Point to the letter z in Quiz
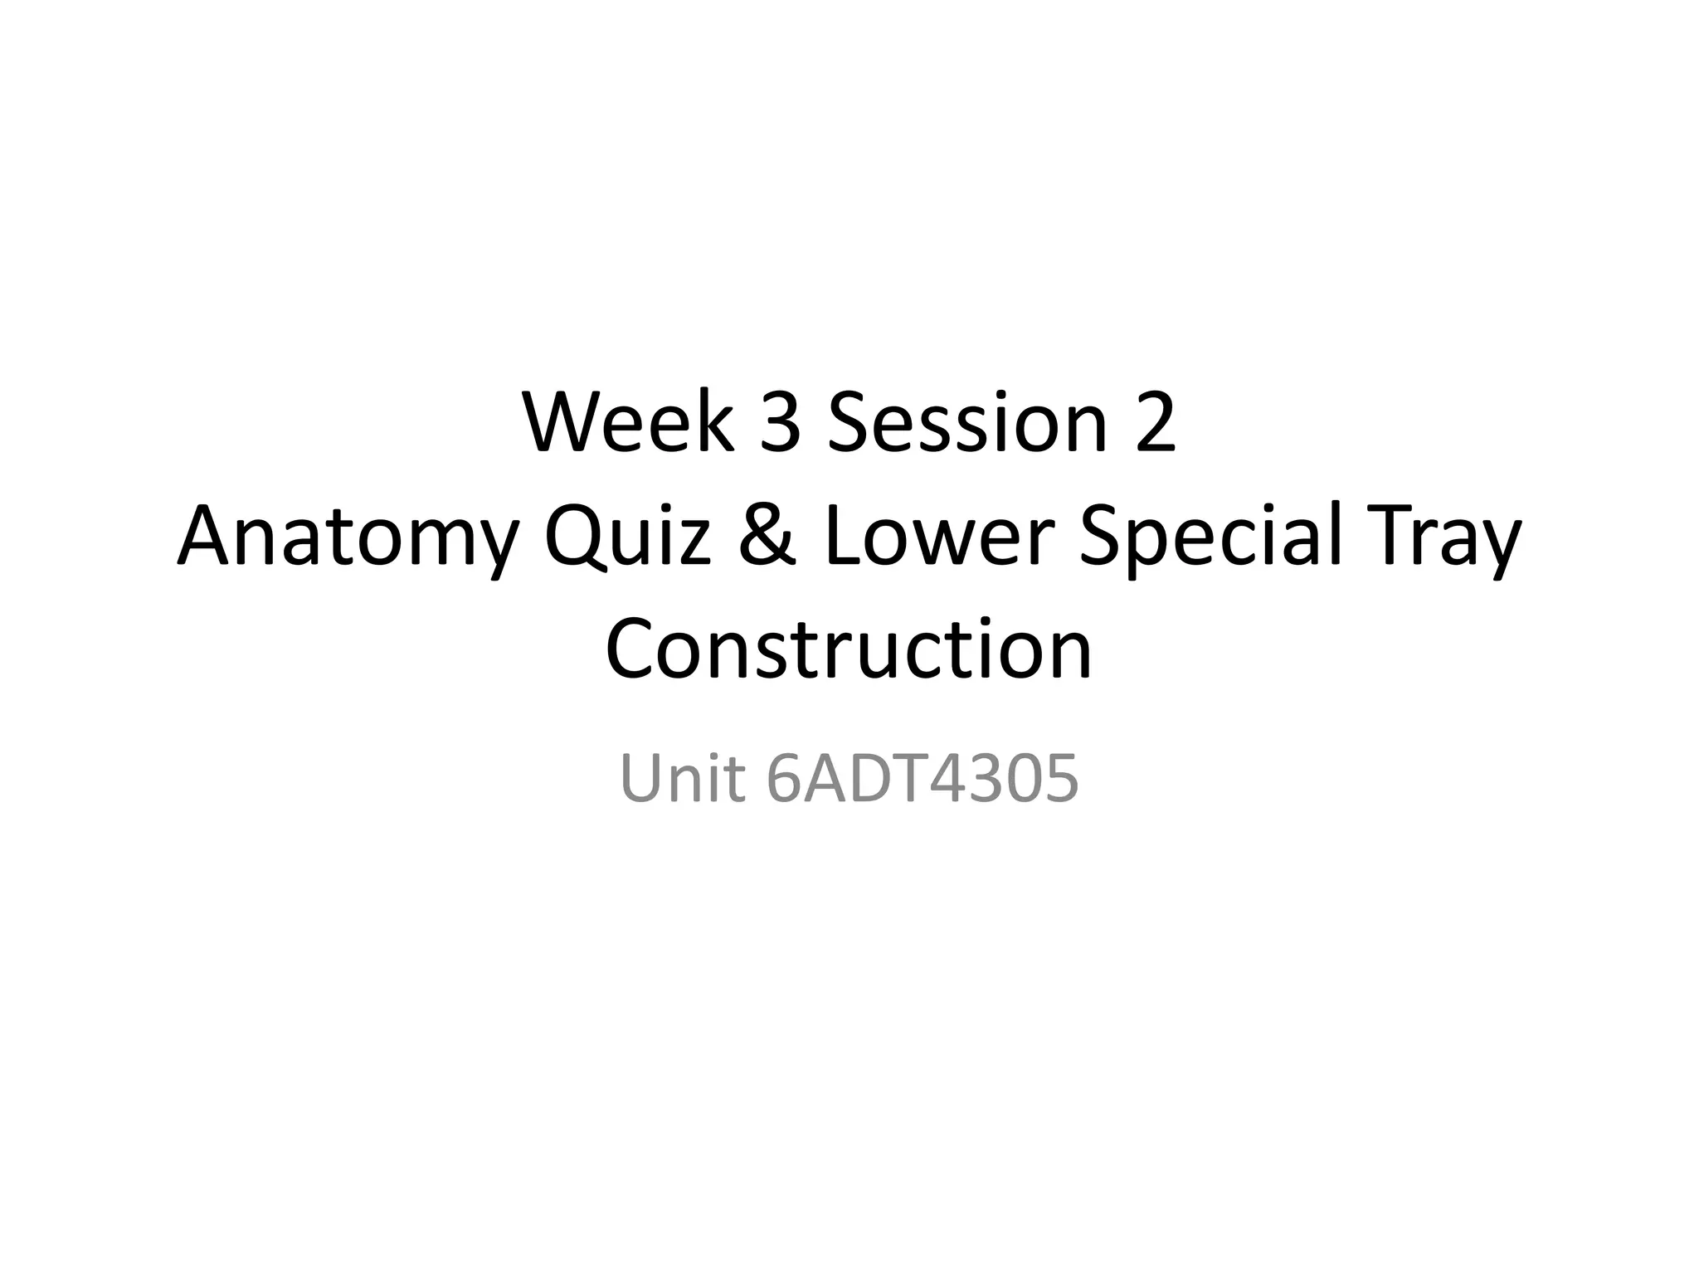click(694, 542)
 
